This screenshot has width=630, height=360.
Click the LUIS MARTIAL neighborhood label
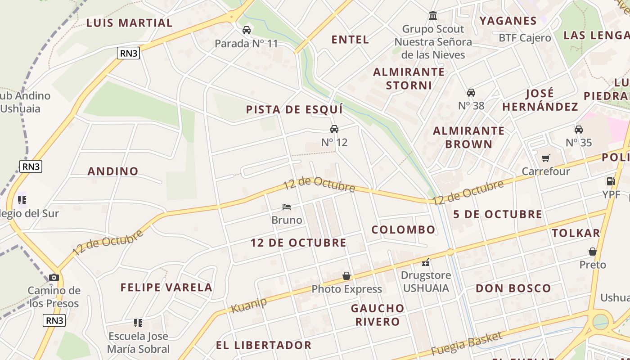129,23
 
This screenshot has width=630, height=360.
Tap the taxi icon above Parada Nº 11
247,30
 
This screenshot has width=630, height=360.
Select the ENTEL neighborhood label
350,40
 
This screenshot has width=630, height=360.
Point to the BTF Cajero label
525,38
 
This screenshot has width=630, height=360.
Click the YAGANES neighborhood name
508,21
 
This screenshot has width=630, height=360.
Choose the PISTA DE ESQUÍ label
294,109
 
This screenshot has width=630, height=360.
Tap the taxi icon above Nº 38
471,93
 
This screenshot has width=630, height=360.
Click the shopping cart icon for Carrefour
546,158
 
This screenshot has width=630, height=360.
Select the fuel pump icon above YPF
611,181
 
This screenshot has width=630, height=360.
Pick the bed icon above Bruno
287,207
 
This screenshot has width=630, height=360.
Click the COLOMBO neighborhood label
403,230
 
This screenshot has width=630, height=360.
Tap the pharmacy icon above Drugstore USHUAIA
426,262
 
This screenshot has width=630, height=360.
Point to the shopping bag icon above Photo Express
346,276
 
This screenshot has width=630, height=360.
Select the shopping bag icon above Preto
593,252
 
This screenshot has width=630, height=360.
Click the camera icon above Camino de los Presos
54,277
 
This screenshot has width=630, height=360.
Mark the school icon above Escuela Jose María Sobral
138,323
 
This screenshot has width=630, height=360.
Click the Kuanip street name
248,306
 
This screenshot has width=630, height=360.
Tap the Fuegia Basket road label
466,344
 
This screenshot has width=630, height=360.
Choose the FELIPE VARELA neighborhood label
166,287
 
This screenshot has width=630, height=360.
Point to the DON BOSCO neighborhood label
513,288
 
